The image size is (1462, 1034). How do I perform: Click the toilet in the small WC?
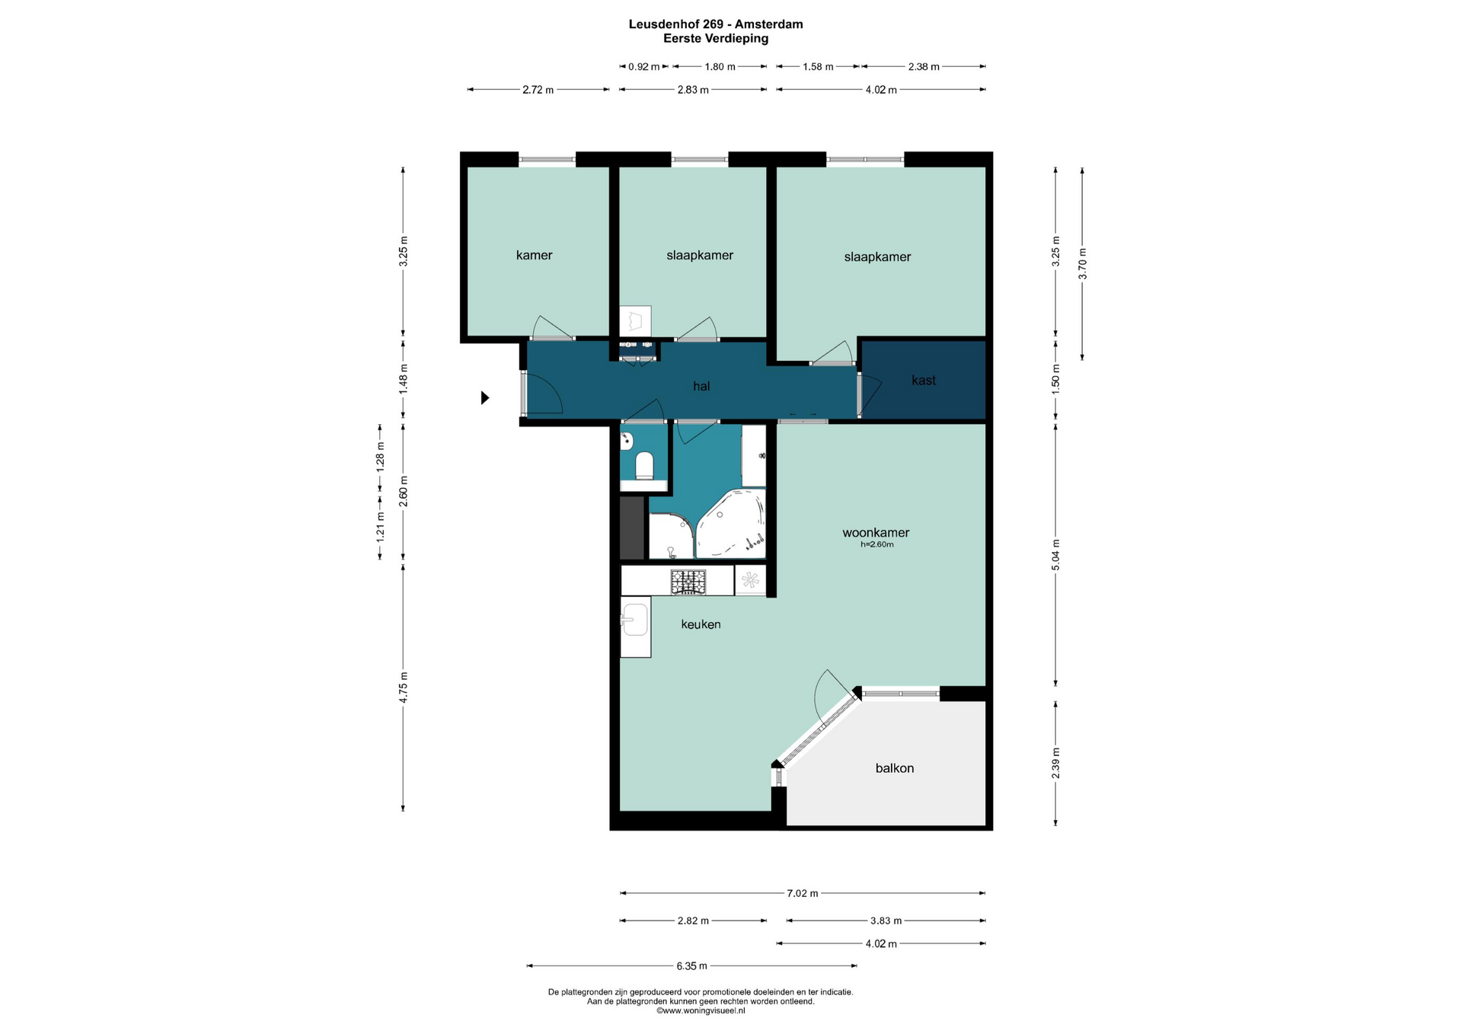pos(644,466)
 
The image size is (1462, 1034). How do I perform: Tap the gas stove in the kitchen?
pos(688,582)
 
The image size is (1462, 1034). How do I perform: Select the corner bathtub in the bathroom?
pos(731,524)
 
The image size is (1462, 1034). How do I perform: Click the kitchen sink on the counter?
pos(634,619)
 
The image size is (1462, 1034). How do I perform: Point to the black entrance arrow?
pos(485,397)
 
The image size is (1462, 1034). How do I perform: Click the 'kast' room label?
pos(924,381)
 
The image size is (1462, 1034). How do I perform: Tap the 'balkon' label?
pos(895,768)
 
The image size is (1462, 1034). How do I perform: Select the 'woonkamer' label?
pos(876,533)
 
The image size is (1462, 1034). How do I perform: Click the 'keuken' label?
pos(701,624)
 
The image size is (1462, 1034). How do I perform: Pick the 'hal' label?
pos(701,386)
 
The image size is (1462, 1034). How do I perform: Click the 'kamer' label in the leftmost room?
pos(534,255)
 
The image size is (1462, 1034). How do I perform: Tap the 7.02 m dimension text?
pos(803,893)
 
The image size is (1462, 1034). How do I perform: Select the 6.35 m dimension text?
pos(691,966)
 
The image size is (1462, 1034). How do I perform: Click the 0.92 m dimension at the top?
pos(644,67)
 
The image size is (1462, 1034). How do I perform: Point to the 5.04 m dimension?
pos(1055,555)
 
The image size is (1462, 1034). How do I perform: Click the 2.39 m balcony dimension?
pos(1055,763)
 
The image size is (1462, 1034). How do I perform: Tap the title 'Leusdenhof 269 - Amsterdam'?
pos(716,24)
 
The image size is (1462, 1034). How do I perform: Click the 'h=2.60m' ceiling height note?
pos(876,544)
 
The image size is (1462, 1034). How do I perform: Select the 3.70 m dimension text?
pos(1083,263)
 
